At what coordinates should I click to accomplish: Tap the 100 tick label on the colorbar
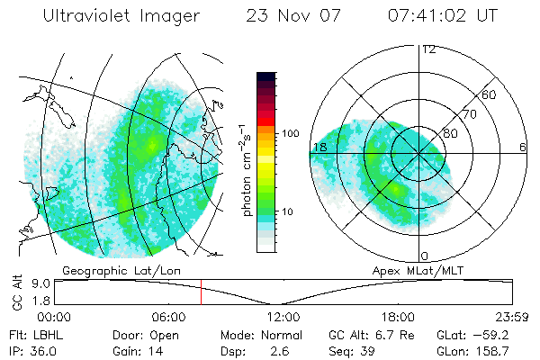[289, 133]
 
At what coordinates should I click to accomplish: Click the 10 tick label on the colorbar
[289, 212]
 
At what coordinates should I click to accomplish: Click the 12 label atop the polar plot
[428, 50]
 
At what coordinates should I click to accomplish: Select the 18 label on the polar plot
[319, 147]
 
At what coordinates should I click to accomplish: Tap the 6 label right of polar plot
[523, 147]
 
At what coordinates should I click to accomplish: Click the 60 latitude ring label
[490, 95]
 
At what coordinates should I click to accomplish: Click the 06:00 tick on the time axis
[169, 318]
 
